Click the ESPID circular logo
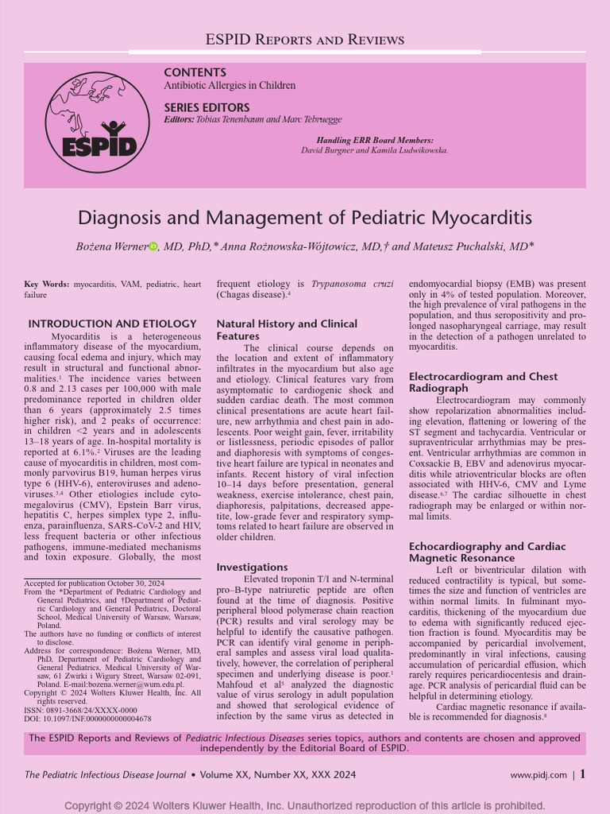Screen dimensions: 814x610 point(97,122)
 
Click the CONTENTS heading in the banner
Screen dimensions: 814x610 point(195,72)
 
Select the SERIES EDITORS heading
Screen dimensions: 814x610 point(207,107)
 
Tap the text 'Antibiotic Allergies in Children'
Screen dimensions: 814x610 point(230,86)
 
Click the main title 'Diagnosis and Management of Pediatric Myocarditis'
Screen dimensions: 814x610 point(305,217)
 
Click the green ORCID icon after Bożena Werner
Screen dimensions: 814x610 point(153,247)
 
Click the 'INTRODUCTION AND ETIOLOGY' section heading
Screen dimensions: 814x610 point(112,324)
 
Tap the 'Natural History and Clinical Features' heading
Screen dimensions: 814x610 point(287,330)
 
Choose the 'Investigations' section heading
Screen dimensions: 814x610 point(252,567)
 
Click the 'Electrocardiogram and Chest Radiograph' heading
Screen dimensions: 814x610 point(483,382)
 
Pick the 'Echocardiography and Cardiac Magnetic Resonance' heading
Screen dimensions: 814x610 point(487,552)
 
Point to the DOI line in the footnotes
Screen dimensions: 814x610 point(87,718)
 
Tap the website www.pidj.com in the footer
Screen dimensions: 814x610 point(538,774)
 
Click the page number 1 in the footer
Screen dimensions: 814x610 point(582,773)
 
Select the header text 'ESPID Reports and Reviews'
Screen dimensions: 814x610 point(305,40)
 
